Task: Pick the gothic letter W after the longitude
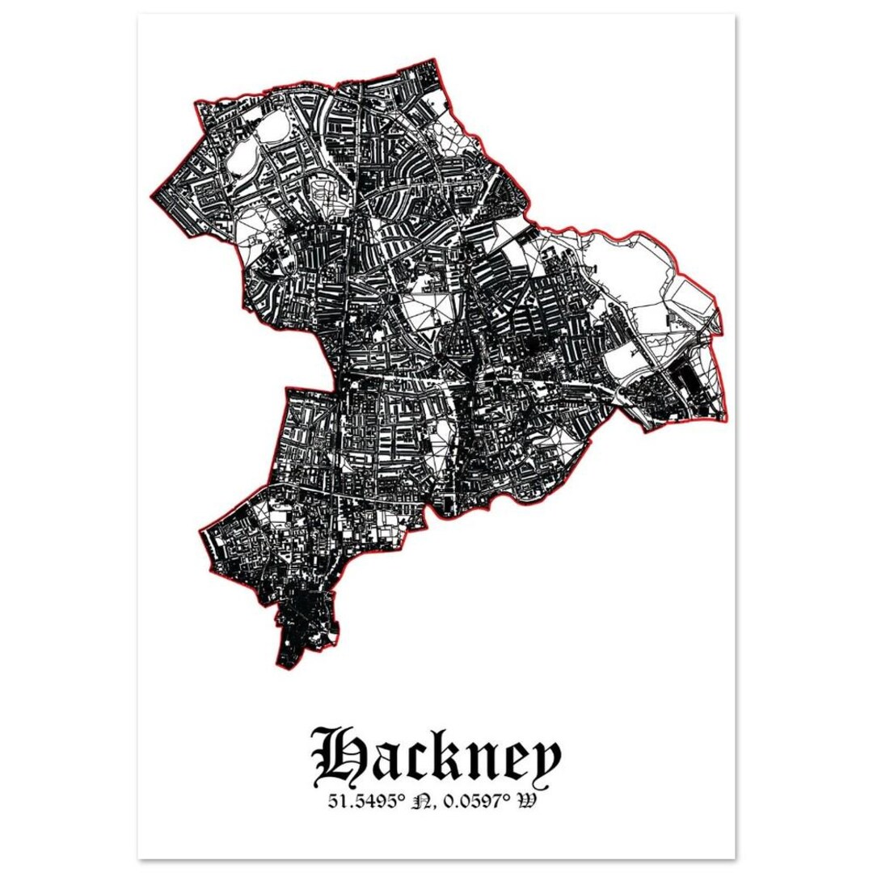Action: pos(529,803)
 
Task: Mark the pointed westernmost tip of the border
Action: pos(151,196)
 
